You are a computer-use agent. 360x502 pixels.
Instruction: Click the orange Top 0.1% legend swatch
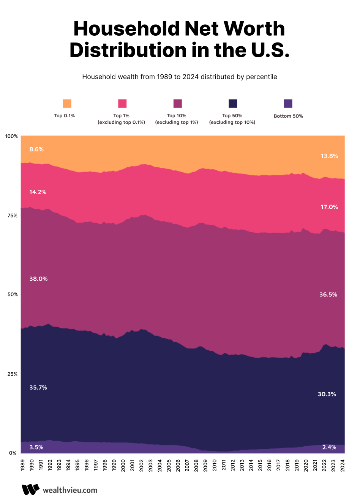click(67, 104)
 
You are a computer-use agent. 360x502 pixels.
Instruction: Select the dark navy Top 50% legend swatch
click(233, 104)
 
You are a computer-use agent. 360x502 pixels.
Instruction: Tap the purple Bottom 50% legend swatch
click(288, 104)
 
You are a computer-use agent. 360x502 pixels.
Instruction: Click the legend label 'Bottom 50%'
click(288, 116)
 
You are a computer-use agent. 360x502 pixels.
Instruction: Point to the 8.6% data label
click(36, 149)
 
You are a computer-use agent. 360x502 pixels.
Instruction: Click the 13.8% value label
click(329, 156)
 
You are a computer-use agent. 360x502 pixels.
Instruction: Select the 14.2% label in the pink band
click(38, 192)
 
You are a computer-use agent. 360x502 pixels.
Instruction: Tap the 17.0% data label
click(329, 207)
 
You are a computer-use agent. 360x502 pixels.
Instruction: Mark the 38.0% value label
click(38, 279)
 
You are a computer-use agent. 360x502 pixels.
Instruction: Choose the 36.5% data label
click(328, 295)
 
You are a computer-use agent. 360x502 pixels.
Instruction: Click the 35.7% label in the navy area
click(38, 388)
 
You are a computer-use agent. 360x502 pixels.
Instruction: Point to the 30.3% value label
click(327, 395)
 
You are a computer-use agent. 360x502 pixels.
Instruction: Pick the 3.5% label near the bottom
click(36, 447)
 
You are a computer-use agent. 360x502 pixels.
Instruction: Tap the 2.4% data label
click(329, 447)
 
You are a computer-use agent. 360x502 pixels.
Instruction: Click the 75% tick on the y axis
click(12, 216)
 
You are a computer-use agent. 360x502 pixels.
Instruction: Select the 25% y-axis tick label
click(12, 374)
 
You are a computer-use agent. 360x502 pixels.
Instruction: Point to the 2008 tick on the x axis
click(196, 465)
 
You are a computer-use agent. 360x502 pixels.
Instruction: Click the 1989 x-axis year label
click(22, 465)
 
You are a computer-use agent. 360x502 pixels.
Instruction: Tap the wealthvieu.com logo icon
click(30, 489)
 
